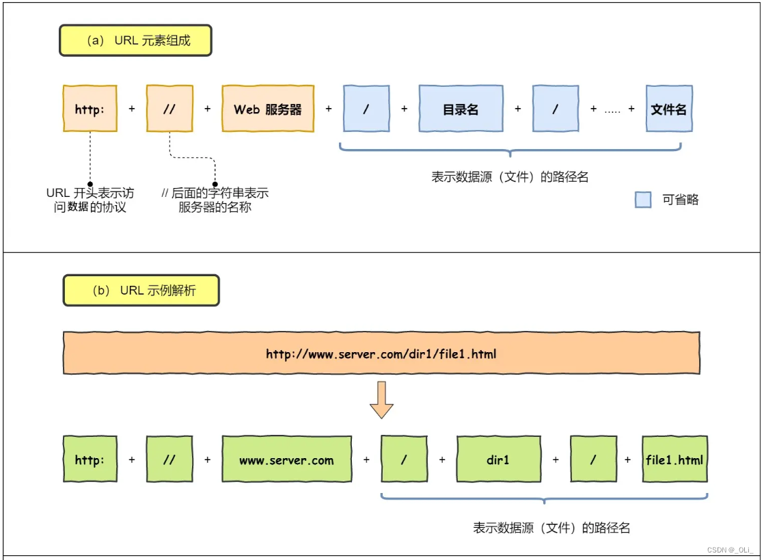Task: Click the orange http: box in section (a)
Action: click(x=90, y=109)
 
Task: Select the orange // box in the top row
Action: click(x=169, y=109)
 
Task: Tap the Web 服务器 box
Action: click(x=268, y=109)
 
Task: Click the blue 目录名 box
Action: click(x=461, y=109)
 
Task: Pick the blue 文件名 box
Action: click(x=669, y=109)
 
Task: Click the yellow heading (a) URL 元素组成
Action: click(x=136, y=40)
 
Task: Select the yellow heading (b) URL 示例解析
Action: click(x=141, y=291)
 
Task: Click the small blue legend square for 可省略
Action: click(x=643, y=200)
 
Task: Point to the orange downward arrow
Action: click(x=381, y=400)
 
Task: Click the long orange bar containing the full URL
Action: click(x=381, y=354)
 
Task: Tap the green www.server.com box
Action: click(x=286, y=459)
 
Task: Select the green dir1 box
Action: click(x=498, y=459)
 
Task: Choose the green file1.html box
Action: click(x=674, y=459)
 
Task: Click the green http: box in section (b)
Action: click(x=90, y=459)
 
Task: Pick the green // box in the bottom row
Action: click(x=169, y=459)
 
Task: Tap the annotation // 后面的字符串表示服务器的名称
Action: click(x=215, y=200)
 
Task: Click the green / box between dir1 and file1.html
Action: click(x=593, y=459)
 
